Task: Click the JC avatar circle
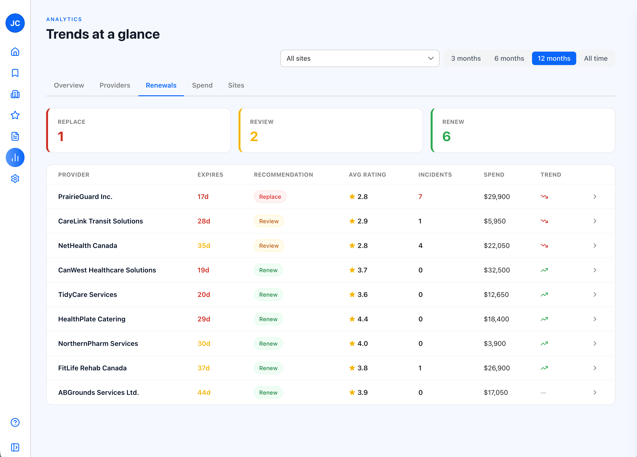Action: click(15, 23)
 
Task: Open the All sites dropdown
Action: click(360, 58)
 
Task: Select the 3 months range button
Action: click(466, 58)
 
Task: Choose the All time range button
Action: click(595, 58)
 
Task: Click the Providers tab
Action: click(115, 85)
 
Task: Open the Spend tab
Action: click(202, 85)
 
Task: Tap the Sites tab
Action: click(236, 85)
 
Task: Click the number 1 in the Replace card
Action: click(61, 137)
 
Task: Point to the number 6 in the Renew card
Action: click(446, 137)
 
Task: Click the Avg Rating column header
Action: click(367, 174)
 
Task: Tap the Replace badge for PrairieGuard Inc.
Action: click(270, 197)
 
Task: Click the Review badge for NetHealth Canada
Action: click(269, 246)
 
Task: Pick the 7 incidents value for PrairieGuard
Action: click(420, 197)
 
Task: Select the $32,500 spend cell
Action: click(496, 270)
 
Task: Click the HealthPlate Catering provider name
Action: click(92, 319)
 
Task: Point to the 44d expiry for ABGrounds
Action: click(204, 392)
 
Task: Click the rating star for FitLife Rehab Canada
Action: click(352, 368)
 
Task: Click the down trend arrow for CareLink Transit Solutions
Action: click(544, 221)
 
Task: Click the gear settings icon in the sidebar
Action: click(15, 179)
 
